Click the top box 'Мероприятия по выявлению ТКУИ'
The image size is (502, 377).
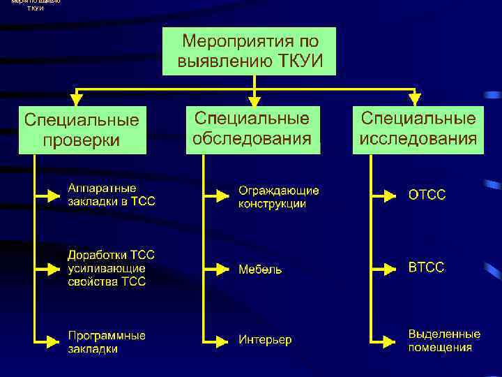click(x=250, y=51)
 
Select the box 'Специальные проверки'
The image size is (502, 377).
click(x=82, y=130)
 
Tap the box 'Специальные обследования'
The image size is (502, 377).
click(x=252, y=128)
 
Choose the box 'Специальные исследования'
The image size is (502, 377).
click(x=418, y=128)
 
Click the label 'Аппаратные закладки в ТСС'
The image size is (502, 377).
click(x=111, y=195)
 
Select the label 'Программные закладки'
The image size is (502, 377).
click(x=106, y=342)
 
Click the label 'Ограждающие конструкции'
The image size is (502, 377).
click(x=278, y=197)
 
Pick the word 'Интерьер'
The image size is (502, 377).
click(x=265, y=340)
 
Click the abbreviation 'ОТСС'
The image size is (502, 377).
click(x=427, y=195)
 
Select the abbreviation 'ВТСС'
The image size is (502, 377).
click(x=425, y=267)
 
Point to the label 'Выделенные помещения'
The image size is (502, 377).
click(x=443, y=341)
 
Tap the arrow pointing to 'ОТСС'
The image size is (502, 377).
click(x=386, y=195)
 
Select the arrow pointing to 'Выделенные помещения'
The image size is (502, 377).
click(x=386, y=341)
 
